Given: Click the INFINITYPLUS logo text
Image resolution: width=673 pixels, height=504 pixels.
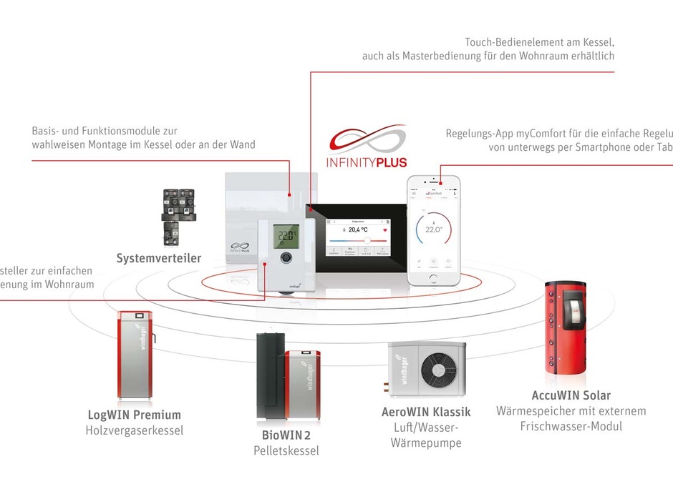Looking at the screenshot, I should (x=367, y=162).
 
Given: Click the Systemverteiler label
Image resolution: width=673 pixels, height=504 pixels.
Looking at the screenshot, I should (x=159, y=258).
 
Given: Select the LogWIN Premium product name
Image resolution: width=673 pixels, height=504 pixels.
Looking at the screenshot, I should (x=134, y=415).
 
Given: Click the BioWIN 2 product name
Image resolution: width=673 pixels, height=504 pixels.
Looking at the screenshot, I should (x=286, y=435).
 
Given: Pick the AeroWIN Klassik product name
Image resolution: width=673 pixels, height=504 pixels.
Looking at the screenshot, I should (x=426, y=412).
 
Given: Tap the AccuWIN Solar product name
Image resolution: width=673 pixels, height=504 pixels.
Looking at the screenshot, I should (x=571, y=395).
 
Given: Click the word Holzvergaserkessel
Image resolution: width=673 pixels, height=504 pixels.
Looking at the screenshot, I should (x=134, y=430).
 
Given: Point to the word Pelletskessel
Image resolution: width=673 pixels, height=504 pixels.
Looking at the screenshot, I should (x=286, y=450).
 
